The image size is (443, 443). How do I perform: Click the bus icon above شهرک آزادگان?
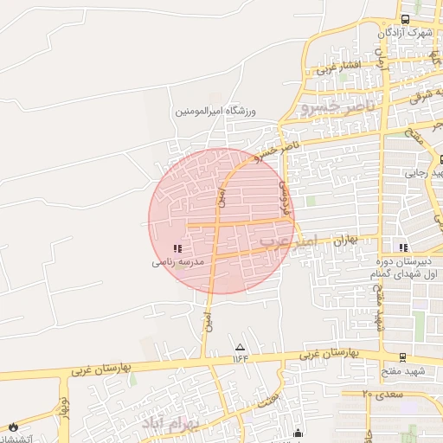405,19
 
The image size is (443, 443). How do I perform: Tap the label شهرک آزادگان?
405,33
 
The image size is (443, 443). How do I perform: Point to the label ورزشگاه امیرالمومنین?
216,111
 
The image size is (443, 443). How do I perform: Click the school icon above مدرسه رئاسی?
177,248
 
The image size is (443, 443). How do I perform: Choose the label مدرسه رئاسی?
177,260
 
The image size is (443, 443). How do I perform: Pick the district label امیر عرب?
291,242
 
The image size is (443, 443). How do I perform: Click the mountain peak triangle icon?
240,347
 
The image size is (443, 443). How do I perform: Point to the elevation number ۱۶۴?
240,358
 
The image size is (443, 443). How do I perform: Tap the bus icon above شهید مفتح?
402,357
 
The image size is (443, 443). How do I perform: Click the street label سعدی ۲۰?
377,394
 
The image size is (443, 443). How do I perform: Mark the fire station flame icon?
13,426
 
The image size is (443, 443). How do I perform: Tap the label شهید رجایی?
423,173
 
